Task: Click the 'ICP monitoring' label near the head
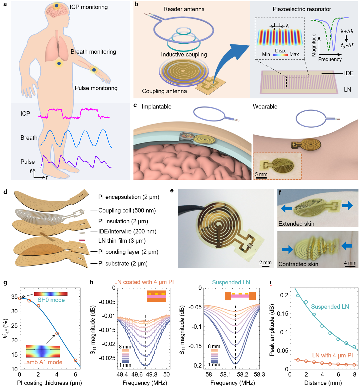(x=88, y=7)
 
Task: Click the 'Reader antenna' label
(x=184, y=9)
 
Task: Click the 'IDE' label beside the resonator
(x=349, y=73)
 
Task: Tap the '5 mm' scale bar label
(x=261, y=175)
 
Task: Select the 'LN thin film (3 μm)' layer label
(x=122, y=241)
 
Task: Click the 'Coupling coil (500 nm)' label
(x=127, y=211)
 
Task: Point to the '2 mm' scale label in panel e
(x=265, y=263)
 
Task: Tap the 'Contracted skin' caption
(x=298, y=264)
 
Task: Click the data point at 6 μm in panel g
(x=76, y=360)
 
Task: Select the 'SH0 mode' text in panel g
(x=51, y=300)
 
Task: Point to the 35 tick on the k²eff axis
(x=14, y=297)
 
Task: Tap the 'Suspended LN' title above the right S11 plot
(x=231, y=282)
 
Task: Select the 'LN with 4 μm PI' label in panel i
(x=332, y=356)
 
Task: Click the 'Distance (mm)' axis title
(x=323, y=383)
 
